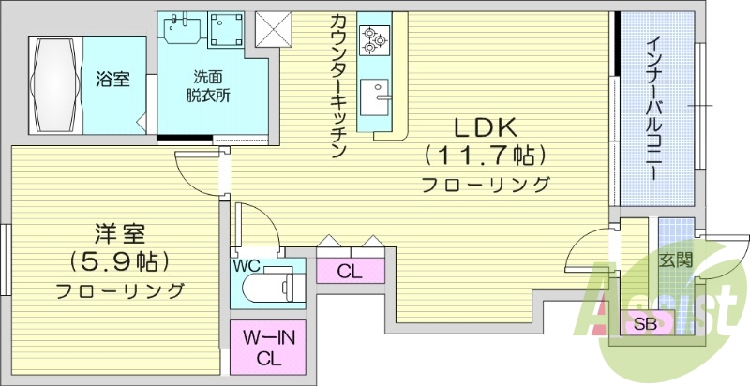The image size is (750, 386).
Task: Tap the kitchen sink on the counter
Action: [379, 94]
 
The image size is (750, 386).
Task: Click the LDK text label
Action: [486, 127]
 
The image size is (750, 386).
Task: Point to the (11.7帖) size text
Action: [486, 154]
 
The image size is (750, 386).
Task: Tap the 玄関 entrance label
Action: [674, 260]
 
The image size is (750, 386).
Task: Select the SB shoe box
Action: [645, 324]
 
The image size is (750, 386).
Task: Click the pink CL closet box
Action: [351, 272]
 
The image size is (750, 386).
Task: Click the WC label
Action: [247, 265]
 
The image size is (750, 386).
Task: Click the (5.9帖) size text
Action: [118, 260]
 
